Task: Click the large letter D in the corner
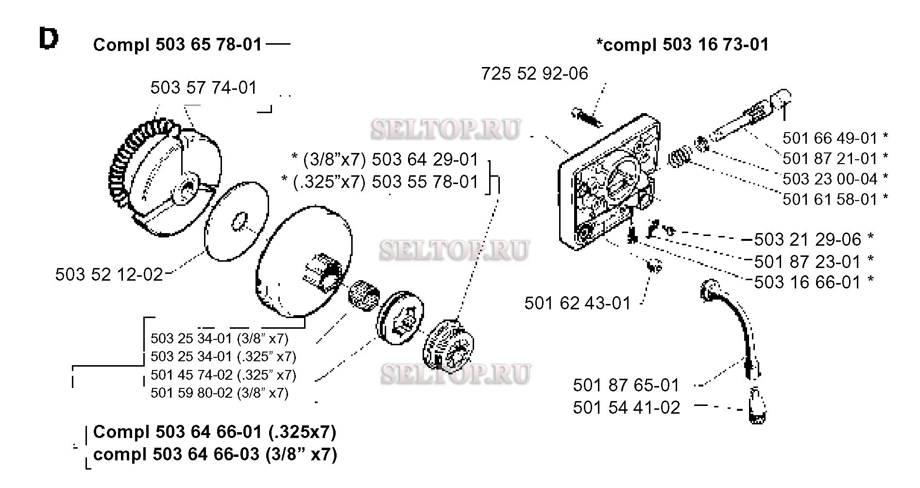(x=49, y=39)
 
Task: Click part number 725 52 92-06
(x=534, y=73)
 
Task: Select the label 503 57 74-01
(x=204, y=88)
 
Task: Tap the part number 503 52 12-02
(x=109, y=275)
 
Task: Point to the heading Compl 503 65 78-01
(x=177, y=45)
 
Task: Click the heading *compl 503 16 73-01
(x=682, y=45)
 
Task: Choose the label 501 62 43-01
(x=578, y=303)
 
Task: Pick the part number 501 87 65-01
(x=626, y=386)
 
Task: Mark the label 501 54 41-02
(x=626, y=408)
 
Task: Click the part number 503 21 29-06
(x=807, y=239)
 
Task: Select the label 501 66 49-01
(x=830, y=138)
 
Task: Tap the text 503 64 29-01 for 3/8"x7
(x=425, y=160)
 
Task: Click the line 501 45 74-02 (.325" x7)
(x=223, y=375)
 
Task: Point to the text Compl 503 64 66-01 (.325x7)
(x=214, y=432)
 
